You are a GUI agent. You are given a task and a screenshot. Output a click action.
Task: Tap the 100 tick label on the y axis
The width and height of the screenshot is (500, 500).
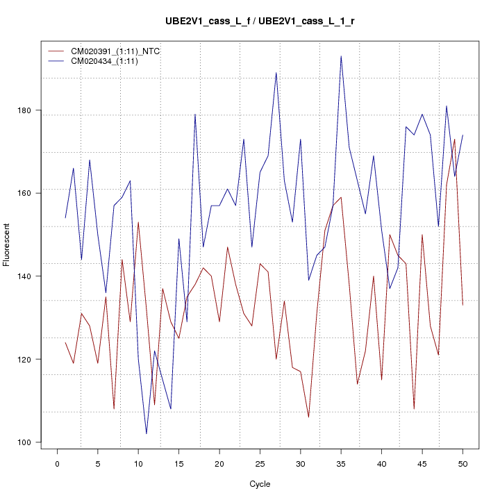pyautogui.click(x=33, y=442)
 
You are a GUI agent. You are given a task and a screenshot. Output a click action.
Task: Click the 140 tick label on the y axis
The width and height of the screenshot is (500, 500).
pyautogui.click(x=33, y=276)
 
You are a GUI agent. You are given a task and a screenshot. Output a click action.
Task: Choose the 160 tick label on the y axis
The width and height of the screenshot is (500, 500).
pyautogui.click(x=33, y=192)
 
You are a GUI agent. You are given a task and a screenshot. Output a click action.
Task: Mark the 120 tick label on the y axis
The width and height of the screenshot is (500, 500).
pyautogui.click(x=33, y=359)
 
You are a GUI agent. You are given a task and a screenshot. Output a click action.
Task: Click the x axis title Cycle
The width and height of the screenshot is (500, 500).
pyautogui.click(x=260, y=484)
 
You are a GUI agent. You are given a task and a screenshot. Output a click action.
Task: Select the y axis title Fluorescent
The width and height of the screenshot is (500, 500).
pyautogui.click(x=8, y=244)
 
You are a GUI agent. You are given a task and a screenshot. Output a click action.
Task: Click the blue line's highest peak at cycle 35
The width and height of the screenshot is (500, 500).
pyautogui.click(x=341, y=56)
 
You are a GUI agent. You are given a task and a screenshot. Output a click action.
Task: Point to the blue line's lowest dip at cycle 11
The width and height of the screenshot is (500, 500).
pyautogui.click(x=147, y=433)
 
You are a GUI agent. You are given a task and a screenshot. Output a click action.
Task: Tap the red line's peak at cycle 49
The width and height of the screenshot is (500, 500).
pyautogui.click(x=454, y=139)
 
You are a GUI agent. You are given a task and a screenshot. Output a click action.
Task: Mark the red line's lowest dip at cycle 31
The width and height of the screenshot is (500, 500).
pyautogui.click(x=308, y=417)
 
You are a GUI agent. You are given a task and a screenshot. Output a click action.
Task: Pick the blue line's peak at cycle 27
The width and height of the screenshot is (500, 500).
pyautogui.click(x=276, y=73)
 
